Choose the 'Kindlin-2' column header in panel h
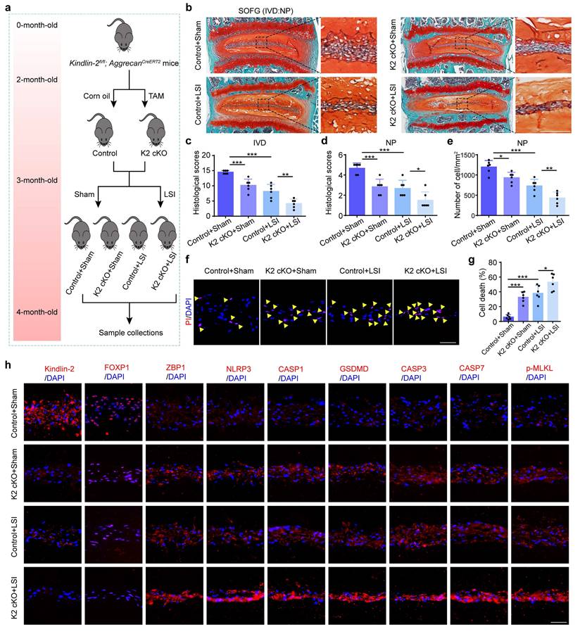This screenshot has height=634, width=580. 60,369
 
